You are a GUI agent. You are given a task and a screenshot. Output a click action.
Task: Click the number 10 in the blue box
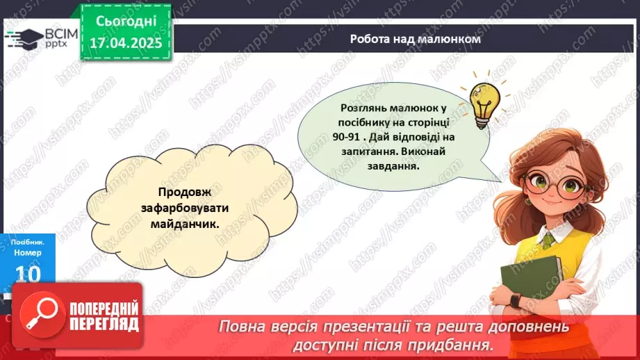(28, 275)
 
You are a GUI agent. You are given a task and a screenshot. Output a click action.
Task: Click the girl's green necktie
(549, 240)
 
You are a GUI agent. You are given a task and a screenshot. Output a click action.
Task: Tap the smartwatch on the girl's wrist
(516, 300)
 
